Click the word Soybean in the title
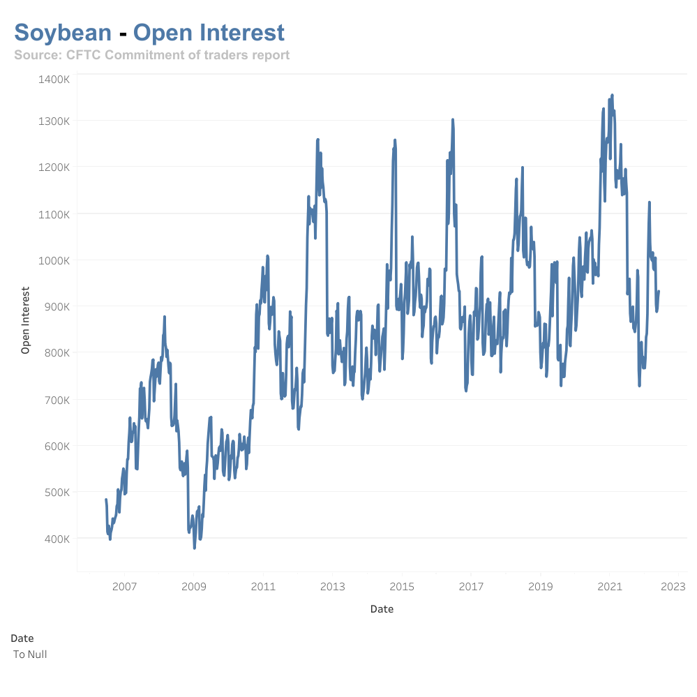(x=63, y=33)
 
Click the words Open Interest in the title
(x=209, y=33)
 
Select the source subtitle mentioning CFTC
(x=151, y=54)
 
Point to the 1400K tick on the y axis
(x=54, y=80)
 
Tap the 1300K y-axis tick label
(x=54, y=121)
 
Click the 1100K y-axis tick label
(x=54, y=213)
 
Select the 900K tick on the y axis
(x=55, y=306)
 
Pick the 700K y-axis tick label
(x=55, y=400)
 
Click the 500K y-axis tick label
(x=55, y=493)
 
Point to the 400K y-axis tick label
(x=55, y=539)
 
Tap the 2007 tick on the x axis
(x=124, y=587)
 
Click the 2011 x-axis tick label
(x=263, y=587)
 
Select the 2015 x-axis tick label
(x=402, y=587)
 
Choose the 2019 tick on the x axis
(x=541, y=587)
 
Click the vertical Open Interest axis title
(x=26, y=320)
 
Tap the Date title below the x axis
(x=382, y=609)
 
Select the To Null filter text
(x=30, y=654)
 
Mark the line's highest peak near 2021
(x=612, y=95)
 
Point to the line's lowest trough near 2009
(x=195, y=548)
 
